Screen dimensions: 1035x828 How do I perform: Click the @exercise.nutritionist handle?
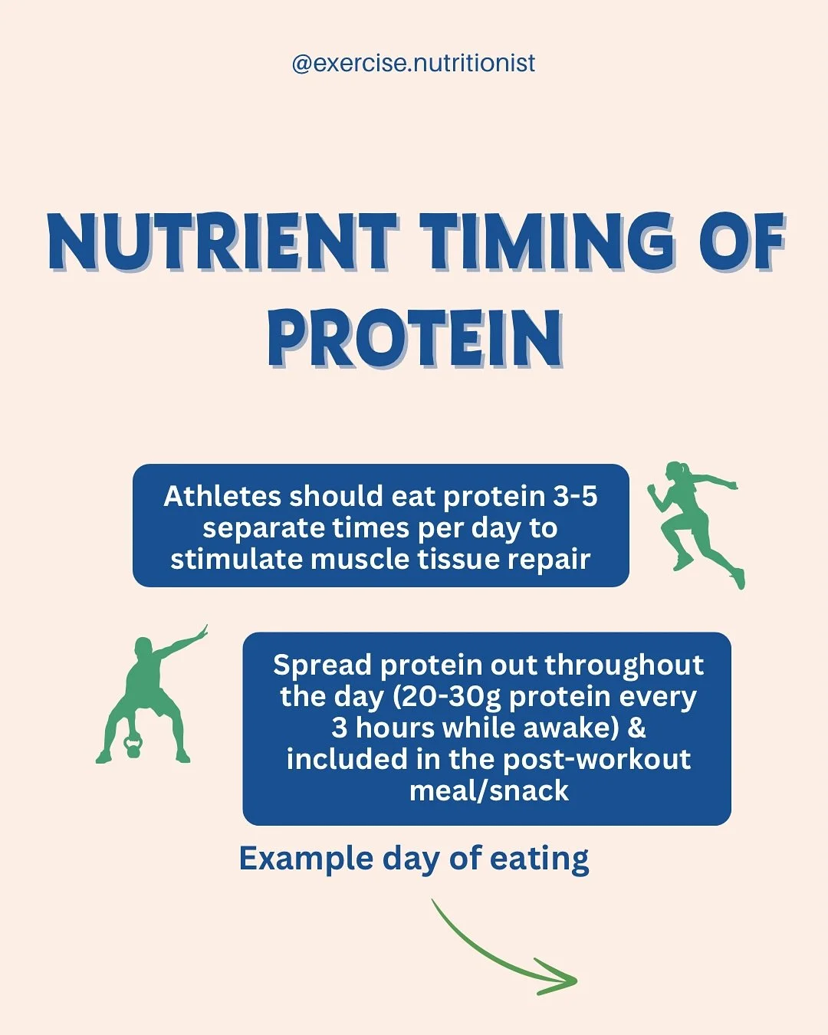(413, 63)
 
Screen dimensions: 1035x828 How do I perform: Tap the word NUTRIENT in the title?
(222, 242)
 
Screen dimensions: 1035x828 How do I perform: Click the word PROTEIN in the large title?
(414, 340)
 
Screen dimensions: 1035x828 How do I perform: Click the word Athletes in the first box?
(222, 497)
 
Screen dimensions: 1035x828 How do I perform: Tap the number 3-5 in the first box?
(574, 497)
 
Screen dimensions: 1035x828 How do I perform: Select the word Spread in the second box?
(321, 665)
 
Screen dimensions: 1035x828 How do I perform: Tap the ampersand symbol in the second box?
(636, 728)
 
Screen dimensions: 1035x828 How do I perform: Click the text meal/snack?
(488, 790)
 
